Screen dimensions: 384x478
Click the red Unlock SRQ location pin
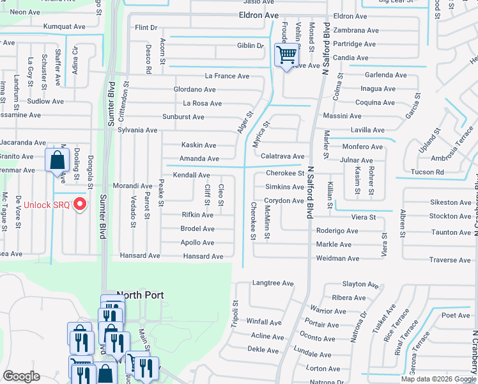[80, 204]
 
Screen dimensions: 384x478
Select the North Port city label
[140, 295]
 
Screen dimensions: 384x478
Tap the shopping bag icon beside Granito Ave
[58, 159]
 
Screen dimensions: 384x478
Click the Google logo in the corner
[22, 377]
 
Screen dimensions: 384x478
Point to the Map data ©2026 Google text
[438, 379]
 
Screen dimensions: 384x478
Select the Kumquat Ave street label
[64, 27]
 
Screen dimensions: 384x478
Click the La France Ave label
[227, 76]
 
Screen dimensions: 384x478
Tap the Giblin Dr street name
[251, 45]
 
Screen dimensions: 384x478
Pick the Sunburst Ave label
[183, 117]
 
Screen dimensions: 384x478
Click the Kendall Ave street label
[191, 175]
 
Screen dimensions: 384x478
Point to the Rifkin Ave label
[197, 215]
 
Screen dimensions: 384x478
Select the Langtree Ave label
[273, 283]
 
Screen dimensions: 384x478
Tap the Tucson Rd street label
[427, 172]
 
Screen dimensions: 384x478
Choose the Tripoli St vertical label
[235, 314]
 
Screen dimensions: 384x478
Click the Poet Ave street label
[455, 315]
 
